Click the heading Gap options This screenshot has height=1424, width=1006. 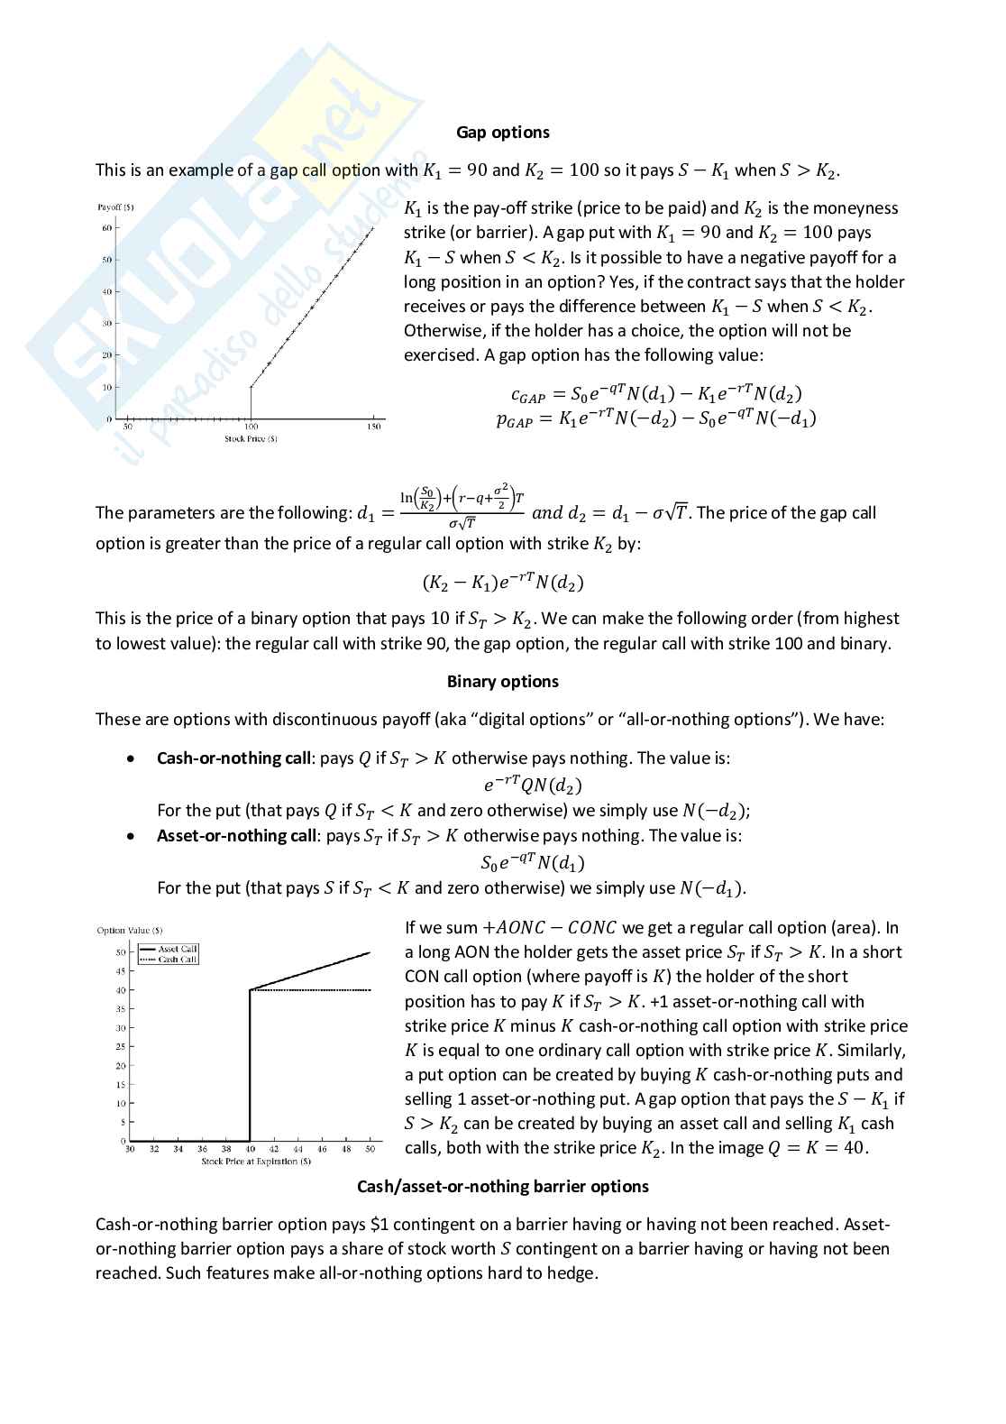[x=502, y=133]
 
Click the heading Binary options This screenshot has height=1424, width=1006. [x=502, y=682]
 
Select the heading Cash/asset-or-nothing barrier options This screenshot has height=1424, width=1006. [x=502, y=1187]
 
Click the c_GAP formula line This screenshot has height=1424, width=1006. [x=655, y=393]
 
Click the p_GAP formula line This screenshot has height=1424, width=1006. [x=655, y=418]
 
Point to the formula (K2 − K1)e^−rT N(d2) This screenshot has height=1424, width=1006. [x=503, y=583]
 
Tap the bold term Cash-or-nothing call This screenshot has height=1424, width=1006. [x=233, y=758]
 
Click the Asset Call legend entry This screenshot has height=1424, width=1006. [x=177, y=949]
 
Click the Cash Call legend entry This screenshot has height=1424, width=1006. [x=177, y=960]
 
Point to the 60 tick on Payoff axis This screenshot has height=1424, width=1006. [x=106, y=228]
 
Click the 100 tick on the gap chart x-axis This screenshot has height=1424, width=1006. [x=251, y=427]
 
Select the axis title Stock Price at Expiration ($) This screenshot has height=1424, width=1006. [x=256, y=1162]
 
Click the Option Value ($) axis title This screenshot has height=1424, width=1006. [x=130, y=930]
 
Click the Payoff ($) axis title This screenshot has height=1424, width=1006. [x=115, y=207]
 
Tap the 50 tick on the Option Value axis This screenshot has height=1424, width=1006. [x=121, y=952]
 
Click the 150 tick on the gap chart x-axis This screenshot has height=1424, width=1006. [x=373, y=427]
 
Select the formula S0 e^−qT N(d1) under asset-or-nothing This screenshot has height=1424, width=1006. [x=533, y=863]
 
